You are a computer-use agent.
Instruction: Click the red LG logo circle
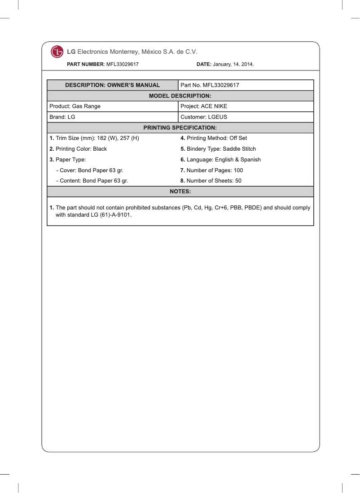point(57,52)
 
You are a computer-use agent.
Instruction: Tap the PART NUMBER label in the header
point(85,65)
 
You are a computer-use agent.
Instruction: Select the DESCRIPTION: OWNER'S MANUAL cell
point(112,85)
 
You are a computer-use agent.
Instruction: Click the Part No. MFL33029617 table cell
point(210,85)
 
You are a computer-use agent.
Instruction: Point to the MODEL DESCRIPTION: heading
point(180,96)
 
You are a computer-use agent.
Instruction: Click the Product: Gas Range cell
point(75,106)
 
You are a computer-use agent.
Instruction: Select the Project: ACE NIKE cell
point(204,106)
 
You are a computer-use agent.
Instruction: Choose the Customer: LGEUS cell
point(204,117)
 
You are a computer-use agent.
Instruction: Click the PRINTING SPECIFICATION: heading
point(180,128)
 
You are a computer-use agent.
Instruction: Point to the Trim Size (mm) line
point(94,138)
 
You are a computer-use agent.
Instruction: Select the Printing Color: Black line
point(78,149)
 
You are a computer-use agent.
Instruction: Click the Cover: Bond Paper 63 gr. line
point(89,170)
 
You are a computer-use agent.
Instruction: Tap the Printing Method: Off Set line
point(214,138)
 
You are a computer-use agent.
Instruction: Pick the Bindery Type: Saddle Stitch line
point(218,149)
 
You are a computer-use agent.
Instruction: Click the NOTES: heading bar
point(180,192)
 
